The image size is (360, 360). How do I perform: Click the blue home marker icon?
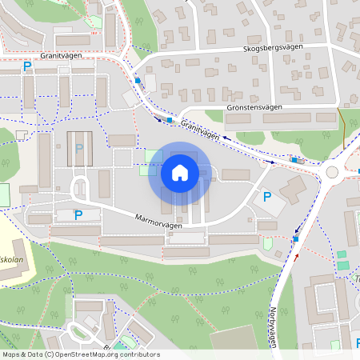[179, 172]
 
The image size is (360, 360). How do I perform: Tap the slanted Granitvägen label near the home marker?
[199, 130]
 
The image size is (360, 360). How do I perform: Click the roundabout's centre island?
[332, 172]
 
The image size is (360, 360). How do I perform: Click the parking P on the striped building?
[78, 148]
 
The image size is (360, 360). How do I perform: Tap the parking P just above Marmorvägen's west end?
[78, 214]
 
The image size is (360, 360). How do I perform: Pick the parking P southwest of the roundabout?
[267, 196]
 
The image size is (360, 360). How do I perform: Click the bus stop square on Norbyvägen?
[297, 238]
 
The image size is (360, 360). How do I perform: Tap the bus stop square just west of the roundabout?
[294, 161]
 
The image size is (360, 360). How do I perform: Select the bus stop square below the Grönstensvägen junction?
[170, 121]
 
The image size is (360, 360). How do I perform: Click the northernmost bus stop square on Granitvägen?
[138, 81]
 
